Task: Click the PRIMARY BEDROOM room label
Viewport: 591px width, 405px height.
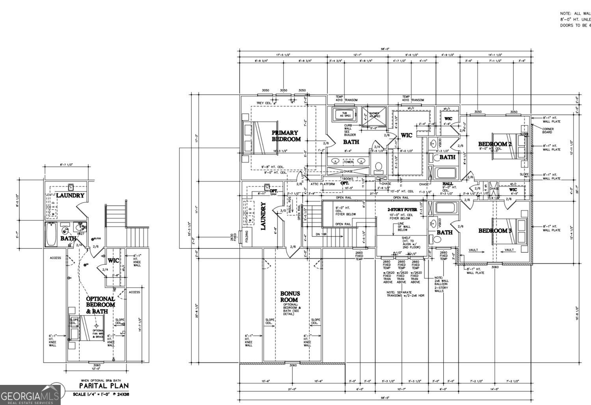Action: coord(286,136)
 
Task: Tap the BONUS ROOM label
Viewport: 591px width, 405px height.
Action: coord(290,297)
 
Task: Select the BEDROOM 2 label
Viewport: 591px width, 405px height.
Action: coord(495,144)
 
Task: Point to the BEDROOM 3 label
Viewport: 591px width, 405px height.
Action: coord(495,231)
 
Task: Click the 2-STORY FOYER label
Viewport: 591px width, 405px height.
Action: coord(402,209)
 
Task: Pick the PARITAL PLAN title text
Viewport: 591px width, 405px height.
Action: coord(104,386)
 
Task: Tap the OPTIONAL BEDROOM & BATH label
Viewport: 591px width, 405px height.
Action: coord(100,305)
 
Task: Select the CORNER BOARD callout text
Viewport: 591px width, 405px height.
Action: coord(548,131)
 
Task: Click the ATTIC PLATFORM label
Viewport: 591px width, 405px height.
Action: coord(323,184)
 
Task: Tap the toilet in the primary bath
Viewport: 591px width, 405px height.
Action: coord(379,167)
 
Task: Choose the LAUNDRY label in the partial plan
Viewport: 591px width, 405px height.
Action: coord(70,195)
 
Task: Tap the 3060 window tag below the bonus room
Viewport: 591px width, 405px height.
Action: coord(293,366)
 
